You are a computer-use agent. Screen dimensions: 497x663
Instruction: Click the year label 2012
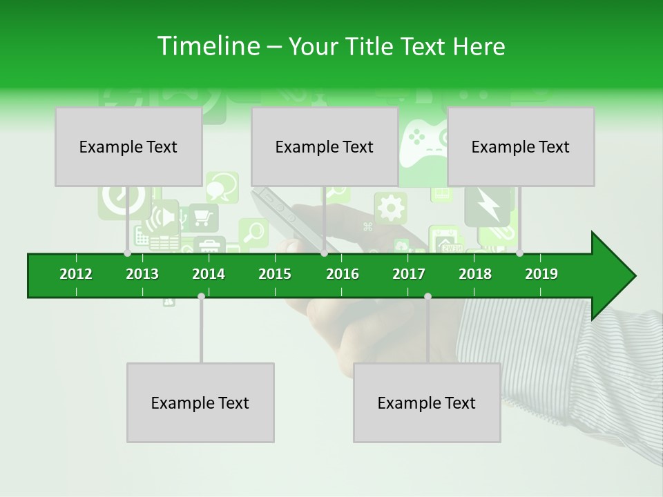pyautogui.click(x=76, y=274)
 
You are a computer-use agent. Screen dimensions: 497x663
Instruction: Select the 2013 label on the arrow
pyautogui.click(x=142, y=274)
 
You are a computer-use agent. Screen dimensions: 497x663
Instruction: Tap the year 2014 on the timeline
pyautogui.click(x=209, y=274)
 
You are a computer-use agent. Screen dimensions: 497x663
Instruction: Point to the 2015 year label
pyautogui.click(x=275, y=274)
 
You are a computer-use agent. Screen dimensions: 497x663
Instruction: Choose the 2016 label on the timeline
pyautogui.click(x=343, y=274)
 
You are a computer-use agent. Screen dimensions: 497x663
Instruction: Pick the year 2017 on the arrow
pyautogui.click(x=409, y=274)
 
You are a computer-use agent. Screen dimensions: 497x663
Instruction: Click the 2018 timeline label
pyautogui.click(x=475, y=274)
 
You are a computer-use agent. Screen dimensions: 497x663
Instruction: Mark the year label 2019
pyautogui.click(x=541, y=274)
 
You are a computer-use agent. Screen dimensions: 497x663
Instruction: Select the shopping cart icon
pyautogui.click(x=202, y=217)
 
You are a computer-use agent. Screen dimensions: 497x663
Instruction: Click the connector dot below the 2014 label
pyautogui.click(x=201, y=296)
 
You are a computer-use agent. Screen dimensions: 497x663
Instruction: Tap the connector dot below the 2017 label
pyautogui.click(x=427, y=296)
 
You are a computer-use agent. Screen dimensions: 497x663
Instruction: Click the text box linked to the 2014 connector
pyautogui.click(x=200, y=402)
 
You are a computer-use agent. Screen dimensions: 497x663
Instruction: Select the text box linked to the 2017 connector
pyautogui.click(x=427, y=402)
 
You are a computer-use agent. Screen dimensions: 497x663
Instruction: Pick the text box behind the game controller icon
pyautogui.click(x=324, y=146)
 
